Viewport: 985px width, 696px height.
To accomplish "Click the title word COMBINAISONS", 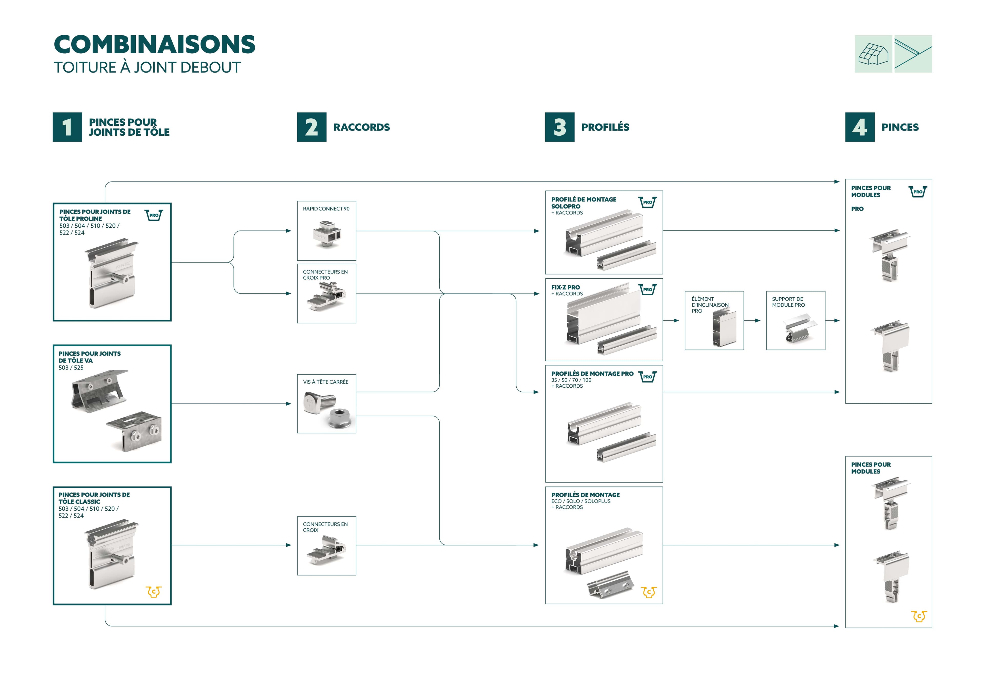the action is (154, 45).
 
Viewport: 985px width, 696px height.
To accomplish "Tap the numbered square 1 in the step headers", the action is (67, 127).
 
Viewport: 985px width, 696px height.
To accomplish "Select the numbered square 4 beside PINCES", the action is (860, 127).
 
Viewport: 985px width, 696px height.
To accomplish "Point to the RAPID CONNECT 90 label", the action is (326, 209).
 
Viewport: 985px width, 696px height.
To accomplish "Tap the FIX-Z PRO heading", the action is (565, 287).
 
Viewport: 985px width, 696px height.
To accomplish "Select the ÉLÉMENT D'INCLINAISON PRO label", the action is (710, 305).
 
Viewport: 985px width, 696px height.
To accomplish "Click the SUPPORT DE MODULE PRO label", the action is (789, 302).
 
